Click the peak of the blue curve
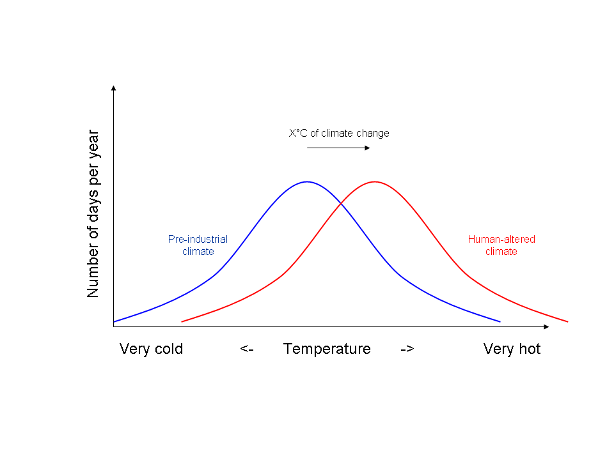pyautogui.click(x=307, y=182)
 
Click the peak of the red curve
pyautogui.click(x=374, y=182)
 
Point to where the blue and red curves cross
pyautogui.click(x=341, y=204)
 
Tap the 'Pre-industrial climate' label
pyautogui.click(x=198, y=245)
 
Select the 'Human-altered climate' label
pyautogui.click(x=501, y=245)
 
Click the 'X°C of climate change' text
pyautogui.click(x=339, y=134)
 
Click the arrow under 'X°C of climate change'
pyautogui.click(x=338, y=148)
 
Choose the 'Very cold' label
pyautogui.click(x=151, y=349)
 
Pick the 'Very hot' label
pyautogui.click(x=512, y=349)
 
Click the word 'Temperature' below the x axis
pyautogui.click(x=327, y=349)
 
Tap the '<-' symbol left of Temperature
pyautogui.click(x=247, y=349)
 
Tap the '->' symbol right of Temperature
pyautogui.click(x=407, y=349)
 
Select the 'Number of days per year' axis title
pyautogui.click(x=93, y=214)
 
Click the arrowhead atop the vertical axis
pyautogui.click(x=114, y=88)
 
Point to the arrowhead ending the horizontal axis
pyautogui.click(x=546, y=326)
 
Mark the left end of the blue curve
pyautogui.click(x=114, y=321)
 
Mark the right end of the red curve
pyautogui.click(x=567, y=321)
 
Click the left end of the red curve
pyautogui.click(x=182, y=321)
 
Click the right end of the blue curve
pyautogui.click(x=500, y=321)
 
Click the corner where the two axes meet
pyautogui.click(x=114, y=326)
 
